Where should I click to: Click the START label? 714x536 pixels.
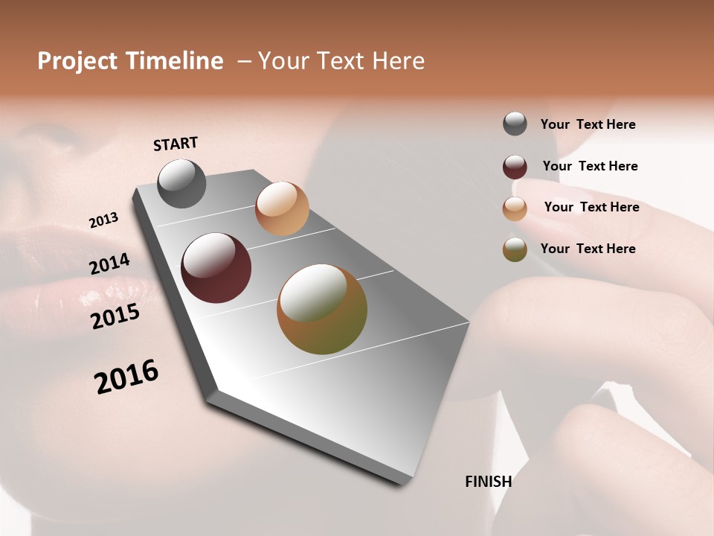click(176, 144)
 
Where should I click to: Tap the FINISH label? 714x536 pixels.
click(488, 482)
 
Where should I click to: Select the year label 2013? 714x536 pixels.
click(103, 220)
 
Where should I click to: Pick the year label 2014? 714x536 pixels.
click(109, 264)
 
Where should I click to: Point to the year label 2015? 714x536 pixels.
click(115, 316)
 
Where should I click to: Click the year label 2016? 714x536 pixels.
click(126, 377)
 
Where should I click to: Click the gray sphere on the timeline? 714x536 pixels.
click(181, 183)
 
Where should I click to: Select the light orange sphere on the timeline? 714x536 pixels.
click(282, 208)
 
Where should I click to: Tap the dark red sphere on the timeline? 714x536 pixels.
click(216, 268)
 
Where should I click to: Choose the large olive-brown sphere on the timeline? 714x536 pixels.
click(322, 309)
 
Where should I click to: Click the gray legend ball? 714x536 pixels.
click(515, 124)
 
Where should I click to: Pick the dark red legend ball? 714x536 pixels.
click(515, 167)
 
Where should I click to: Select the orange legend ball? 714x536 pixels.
click(515, 208)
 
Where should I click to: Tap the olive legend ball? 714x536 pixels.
click(515, 249)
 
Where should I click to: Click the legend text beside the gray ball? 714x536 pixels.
click(588, 125)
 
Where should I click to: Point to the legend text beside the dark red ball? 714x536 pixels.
click(590, 166)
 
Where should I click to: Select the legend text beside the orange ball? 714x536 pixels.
click(591, 207)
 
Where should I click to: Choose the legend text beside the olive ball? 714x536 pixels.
click(588, 249)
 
